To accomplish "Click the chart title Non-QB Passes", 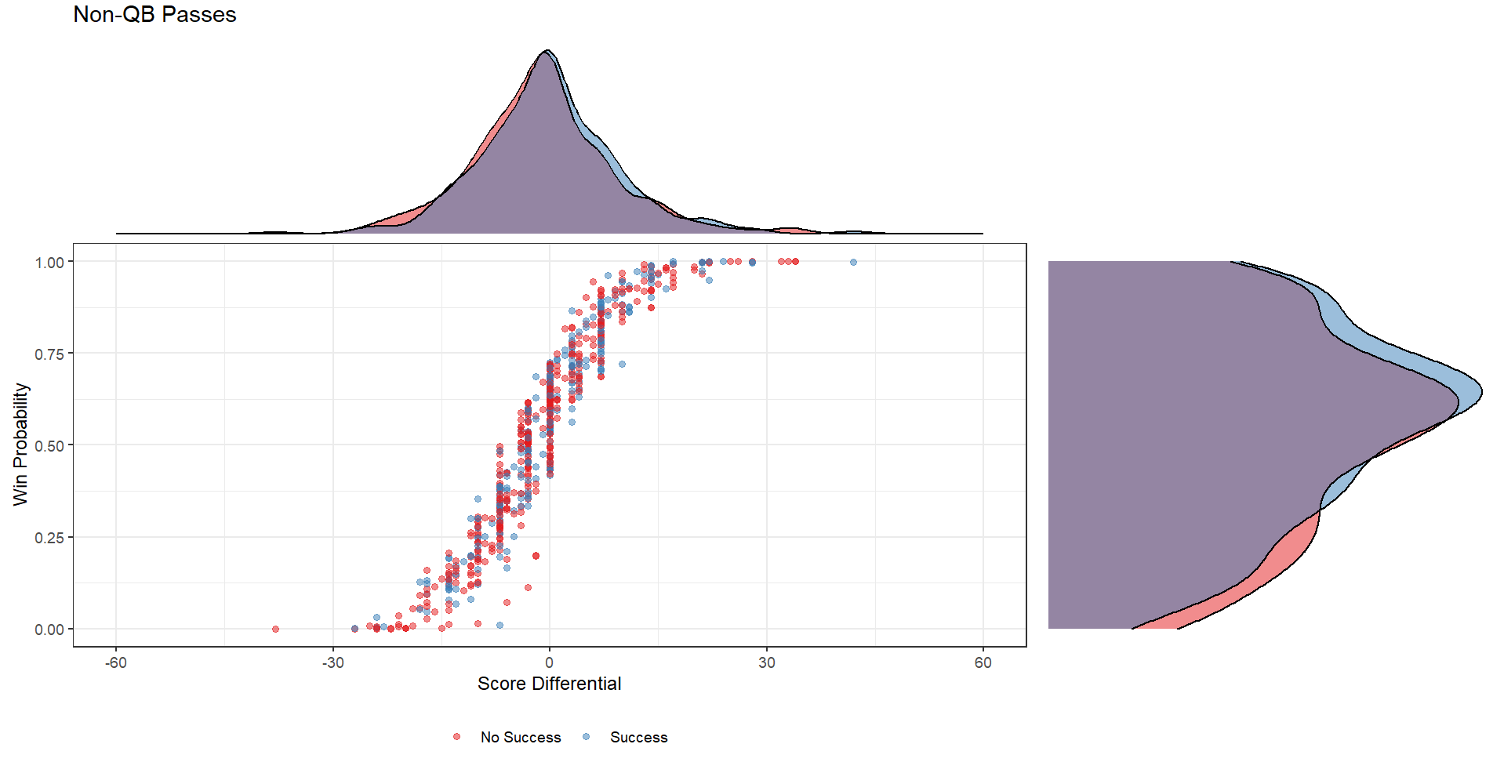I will point(154,15).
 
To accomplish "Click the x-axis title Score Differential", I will point(549,684).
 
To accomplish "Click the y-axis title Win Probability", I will point(20,444).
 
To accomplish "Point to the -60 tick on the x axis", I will point(116,662).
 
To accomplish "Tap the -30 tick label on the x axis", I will point(332,662).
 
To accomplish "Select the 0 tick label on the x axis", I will point(549,662).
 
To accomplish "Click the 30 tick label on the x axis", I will point(766,662).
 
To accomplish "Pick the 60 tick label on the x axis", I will point(983,662).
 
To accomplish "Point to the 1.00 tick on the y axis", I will point(49,262).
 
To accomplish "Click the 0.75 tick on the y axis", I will point(49,354).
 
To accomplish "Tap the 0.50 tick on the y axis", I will point(49,445).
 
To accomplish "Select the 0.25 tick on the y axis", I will point(49,537).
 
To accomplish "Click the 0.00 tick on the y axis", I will point(49,629).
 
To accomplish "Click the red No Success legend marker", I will point(457,737).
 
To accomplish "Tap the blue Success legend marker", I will point(587,737).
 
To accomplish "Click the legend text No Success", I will point(521,737).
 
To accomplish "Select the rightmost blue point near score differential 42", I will point(853,262).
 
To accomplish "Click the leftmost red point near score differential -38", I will point(275,629).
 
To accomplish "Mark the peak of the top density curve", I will point(547,51).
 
